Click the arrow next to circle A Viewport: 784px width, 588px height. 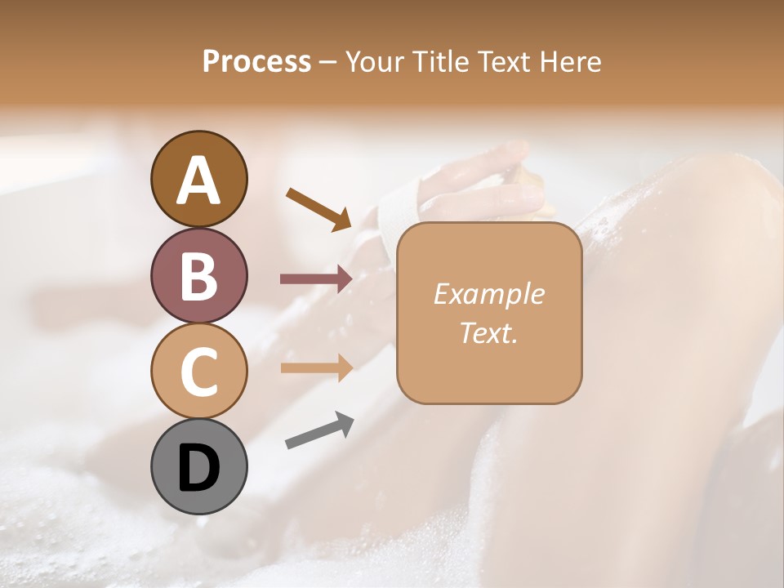click(318, 208)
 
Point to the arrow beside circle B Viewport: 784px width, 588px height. click(316, 279)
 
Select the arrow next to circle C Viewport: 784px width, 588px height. click(316, 367)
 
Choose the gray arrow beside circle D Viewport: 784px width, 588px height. click(319, 430)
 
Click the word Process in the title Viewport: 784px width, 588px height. click(256, 62)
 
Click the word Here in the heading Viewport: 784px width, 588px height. click(571, 62)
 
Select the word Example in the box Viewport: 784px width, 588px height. click(488, 294)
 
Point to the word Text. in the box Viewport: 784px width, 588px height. click(488, 332)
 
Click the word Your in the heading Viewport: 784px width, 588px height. click(371, 62)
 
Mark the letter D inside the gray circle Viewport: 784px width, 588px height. click(199, 468)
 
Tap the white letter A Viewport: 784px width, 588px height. click(199, 180)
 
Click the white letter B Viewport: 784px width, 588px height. click(199, 276)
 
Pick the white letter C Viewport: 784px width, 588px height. click(199, 372)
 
